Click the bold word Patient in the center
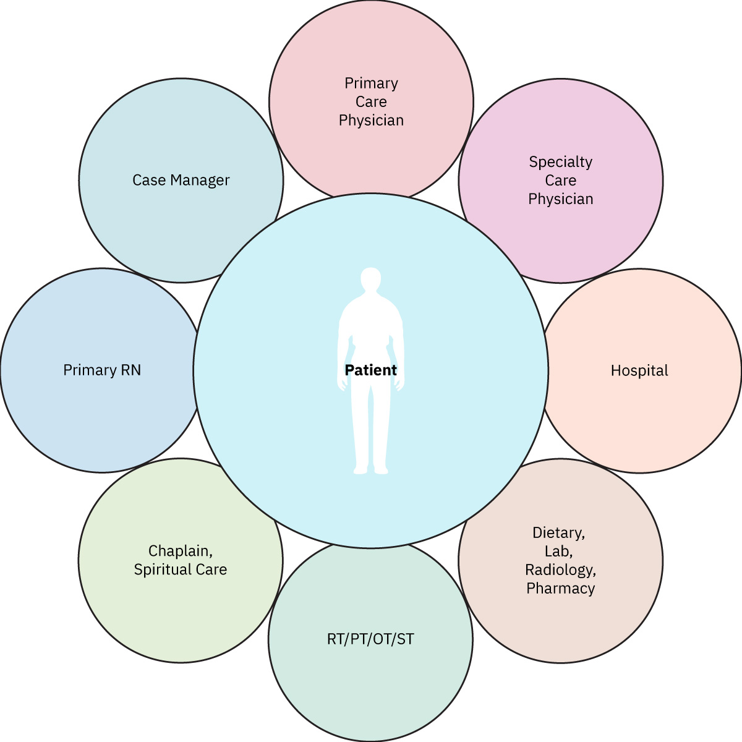click(x=370, y=370)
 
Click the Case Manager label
click(x=181, y=181)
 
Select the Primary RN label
click(x=102, y=370)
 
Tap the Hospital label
click(x=639, y=370)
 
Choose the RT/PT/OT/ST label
click(x=370, y=639)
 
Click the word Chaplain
click(x=179, y=550)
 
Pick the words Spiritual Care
click(x=181, y=569)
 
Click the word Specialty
click(x=560, y=162)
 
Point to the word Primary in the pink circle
click(x=371, y=83)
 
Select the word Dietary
click(x=558, y=532)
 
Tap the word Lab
click(x=558, y=551)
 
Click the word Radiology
click(x=560, y=569)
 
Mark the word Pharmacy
click(x=560, y=588)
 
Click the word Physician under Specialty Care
click(x=560, y=199)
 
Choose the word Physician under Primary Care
click(x=371, y=120)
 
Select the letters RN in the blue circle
click(x=130, y=370)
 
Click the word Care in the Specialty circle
click(x=560, y=181)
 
